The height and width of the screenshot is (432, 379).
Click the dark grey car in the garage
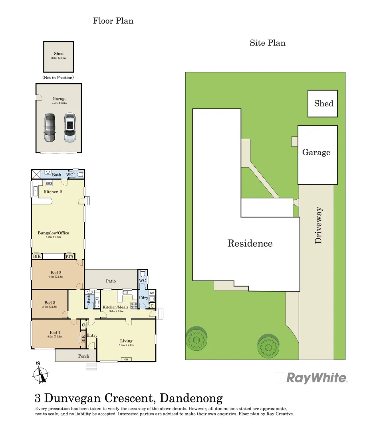point(50,128)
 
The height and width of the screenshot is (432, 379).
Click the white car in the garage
point(69,128)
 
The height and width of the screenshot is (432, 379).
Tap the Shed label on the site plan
point(323,104)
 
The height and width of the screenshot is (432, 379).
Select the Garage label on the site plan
point(316,152)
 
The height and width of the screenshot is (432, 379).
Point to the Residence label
point(250,243)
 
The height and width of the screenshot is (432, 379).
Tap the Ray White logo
point(317,378)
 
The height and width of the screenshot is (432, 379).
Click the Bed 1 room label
point(55,332)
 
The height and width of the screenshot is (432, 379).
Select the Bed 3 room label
point(50,303)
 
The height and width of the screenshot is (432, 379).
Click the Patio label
point(111,281)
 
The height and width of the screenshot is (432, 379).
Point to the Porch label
point(83,356)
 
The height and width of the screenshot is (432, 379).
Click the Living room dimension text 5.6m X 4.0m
point(126,345)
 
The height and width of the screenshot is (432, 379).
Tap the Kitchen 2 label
point(53,192)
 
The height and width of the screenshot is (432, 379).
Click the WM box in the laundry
point(152,294)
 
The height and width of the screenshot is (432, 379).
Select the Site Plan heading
point(268,43)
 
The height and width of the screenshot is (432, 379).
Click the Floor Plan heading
point(113,21)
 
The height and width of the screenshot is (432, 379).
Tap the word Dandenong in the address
point(190,398)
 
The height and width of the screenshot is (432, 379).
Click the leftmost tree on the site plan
point(196,338)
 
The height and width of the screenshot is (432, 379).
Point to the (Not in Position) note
point(58,77)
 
